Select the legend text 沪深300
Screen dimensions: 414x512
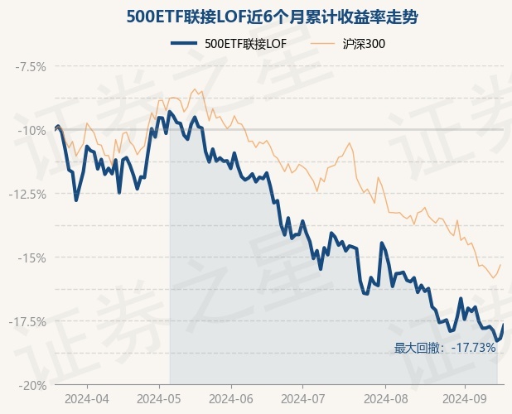364,43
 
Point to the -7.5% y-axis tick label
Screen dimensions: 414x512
29,66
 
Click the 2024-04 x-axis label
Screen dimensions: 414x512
86,398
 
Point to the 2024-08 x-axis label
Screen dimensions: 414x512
386,398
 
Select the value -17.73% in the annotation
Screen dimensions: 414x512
475,348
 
